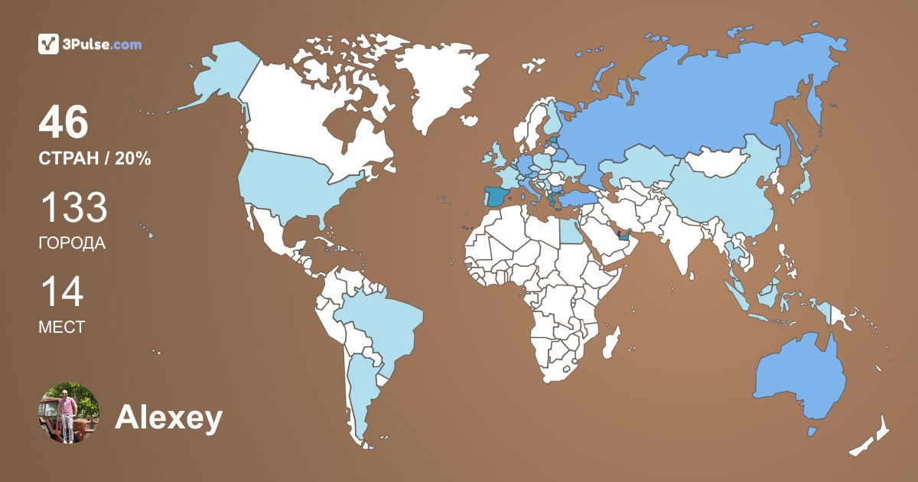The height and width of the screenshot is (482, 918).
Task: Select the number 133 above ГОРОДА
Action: (73, 208)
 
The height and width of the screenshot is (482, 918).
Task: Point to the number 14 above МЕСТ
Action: (61, 292)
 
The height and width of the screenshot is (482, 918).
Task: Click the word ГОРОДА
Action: (72, 244)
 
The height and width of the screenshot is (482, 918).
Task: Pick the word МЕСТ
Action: (61, 327)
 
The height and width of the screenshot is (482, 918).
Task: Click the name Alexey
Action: (169, 418)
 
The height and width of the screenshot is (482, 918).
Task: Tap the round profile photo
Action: (69, 413)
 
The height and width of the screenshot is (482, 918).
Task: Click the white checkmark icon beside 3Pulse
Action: (49, 44)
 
